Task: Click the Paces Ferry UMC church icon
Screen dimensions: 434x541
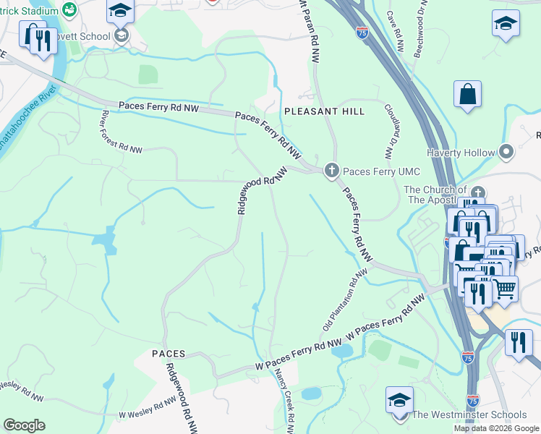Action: coord(332,170)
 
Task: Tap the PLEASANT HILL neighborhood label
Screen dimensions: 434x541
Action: coord(325,111)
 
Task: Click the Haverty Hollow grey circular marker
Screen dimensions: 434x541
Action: coord(506,152)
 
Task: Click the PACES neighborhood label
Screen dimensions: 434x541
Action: coord(169,353)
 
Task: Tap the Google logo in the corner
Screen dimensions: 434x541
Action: coord(24,425)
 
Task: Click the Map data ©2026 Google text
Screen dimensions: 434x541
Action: coord(496,428)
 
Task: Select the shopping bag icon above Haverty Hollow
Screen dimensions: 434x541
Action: coord(468,95)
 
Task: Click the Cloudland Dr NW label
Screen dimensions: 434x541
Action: coord(393,130)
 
